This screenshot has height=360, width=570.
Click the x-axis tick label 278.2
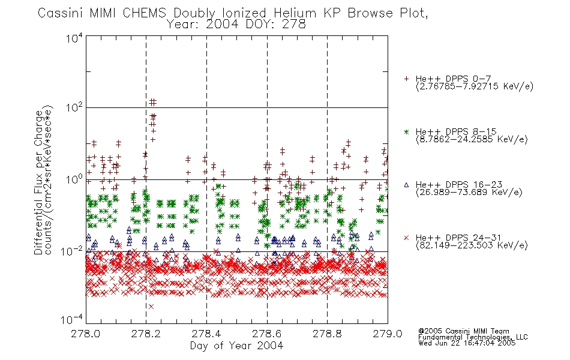[146, 334]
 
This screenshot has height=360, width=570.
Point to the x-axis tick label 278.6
[267, 334]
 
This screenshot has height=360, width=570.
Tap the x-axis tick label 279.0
[388, 334]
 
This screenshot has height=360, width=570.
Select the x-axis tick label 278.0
[85, 334]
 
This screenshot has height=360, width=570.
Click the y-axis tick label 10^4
[74, 38]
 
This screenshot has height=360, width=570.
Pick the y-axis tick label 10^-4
[71, 319]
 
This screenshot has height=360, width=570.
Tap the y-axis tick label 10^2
[74, 107]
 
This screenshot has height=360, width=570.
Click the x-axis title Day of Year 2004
[236, 346]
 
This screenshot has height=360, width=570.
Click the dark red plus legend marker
[406, 79]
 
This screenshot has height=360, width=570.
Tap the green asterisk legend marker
[406, 131]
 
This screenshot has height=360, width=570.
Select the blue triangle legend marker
[406, 185]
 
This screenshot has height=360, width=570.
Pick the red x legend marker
[406, 238]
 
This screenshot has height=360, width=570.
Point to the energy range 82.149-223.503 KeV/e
[472, 245]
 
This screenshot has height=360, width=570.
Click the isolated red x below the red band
[151, 307]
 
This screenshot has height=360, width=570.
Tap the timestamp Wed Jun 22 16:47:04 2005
[467, 343]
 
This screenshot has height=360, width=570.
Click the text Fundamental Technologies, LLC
[473, 337]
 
